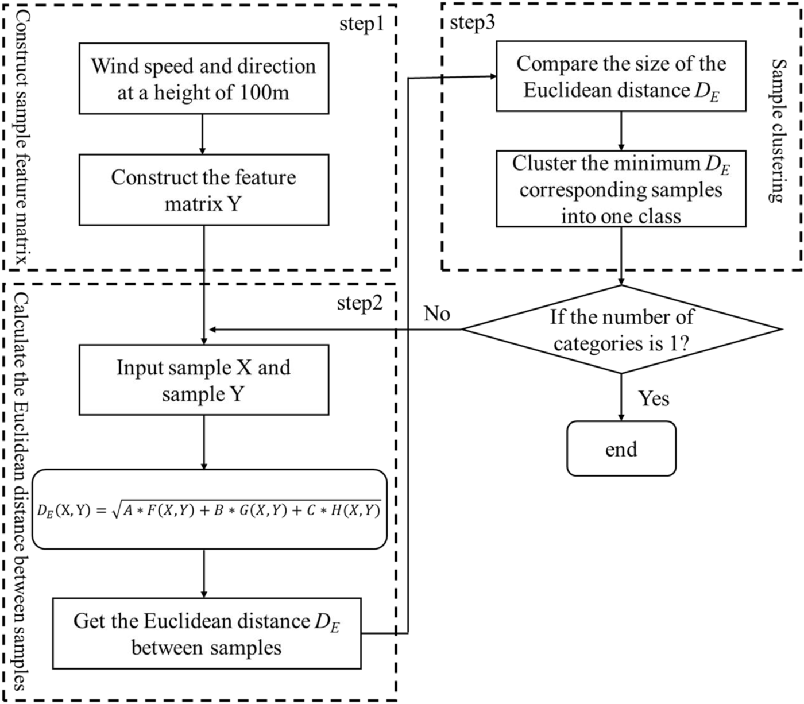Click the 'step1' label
(361, 25)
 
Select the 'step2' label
(360, 303)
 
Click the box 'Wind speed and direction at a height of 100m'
(204, 78)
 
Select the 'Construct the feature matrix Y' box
(204, 189)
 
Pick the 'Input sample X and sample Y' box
(204, 380)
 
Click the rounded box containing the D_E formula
(209, 509)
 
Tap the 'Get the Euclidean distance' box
(207, 633)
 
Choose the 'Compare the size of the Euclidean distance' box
(621, 76)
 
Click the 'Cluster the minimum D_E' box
(621, 189)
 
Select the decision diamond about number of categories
(621, 330)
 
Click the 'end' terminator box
(621, 448)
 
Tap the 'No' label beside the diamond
(437, 314)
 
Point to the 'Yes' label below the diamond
(654, 398)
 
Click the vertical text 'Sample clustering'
(777, 130)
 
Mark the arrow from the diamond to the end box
(621, 397)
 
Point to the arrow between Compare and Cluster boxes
(621, 130)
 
